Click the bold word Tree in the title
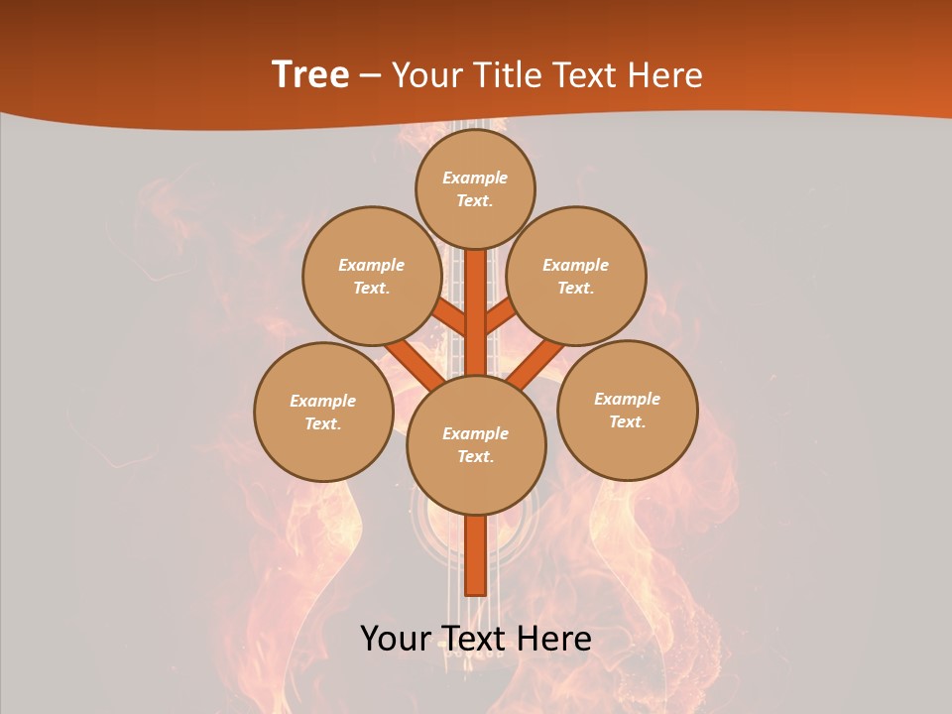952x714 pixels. [x=310, y=74]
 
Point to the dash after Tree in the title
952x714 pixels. [x=370, y=75]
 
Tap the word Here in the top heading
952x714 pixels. [x=666, y=74]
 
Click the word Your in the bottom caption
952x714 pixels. [x=395, y=639]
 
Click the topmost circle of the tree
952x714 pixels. [x=475, y=188]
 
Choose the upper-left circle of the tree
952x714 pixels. [x=371, y=276]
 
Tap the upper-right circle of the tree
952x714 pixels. [x=576, y=276]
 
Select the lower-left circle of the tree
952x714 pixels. [x=323, y=412]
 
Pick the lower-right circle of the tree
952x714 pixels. [x=627, y=410]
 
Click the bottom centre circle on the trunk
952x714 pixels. [x=476, y=444]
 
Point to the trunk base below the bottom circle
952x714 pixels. [x=476, y=555]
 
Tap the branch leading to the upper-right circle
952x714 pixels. [x=500, y=316]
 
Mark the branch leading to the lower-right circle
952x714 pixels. [x=535, y=365]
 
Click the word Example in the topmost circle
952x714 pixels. [x=475, y=178]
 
